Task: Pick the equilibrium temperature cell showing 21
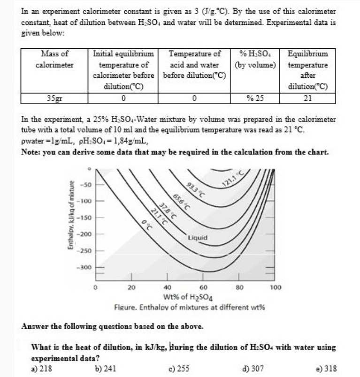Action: tap(308, 98)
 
